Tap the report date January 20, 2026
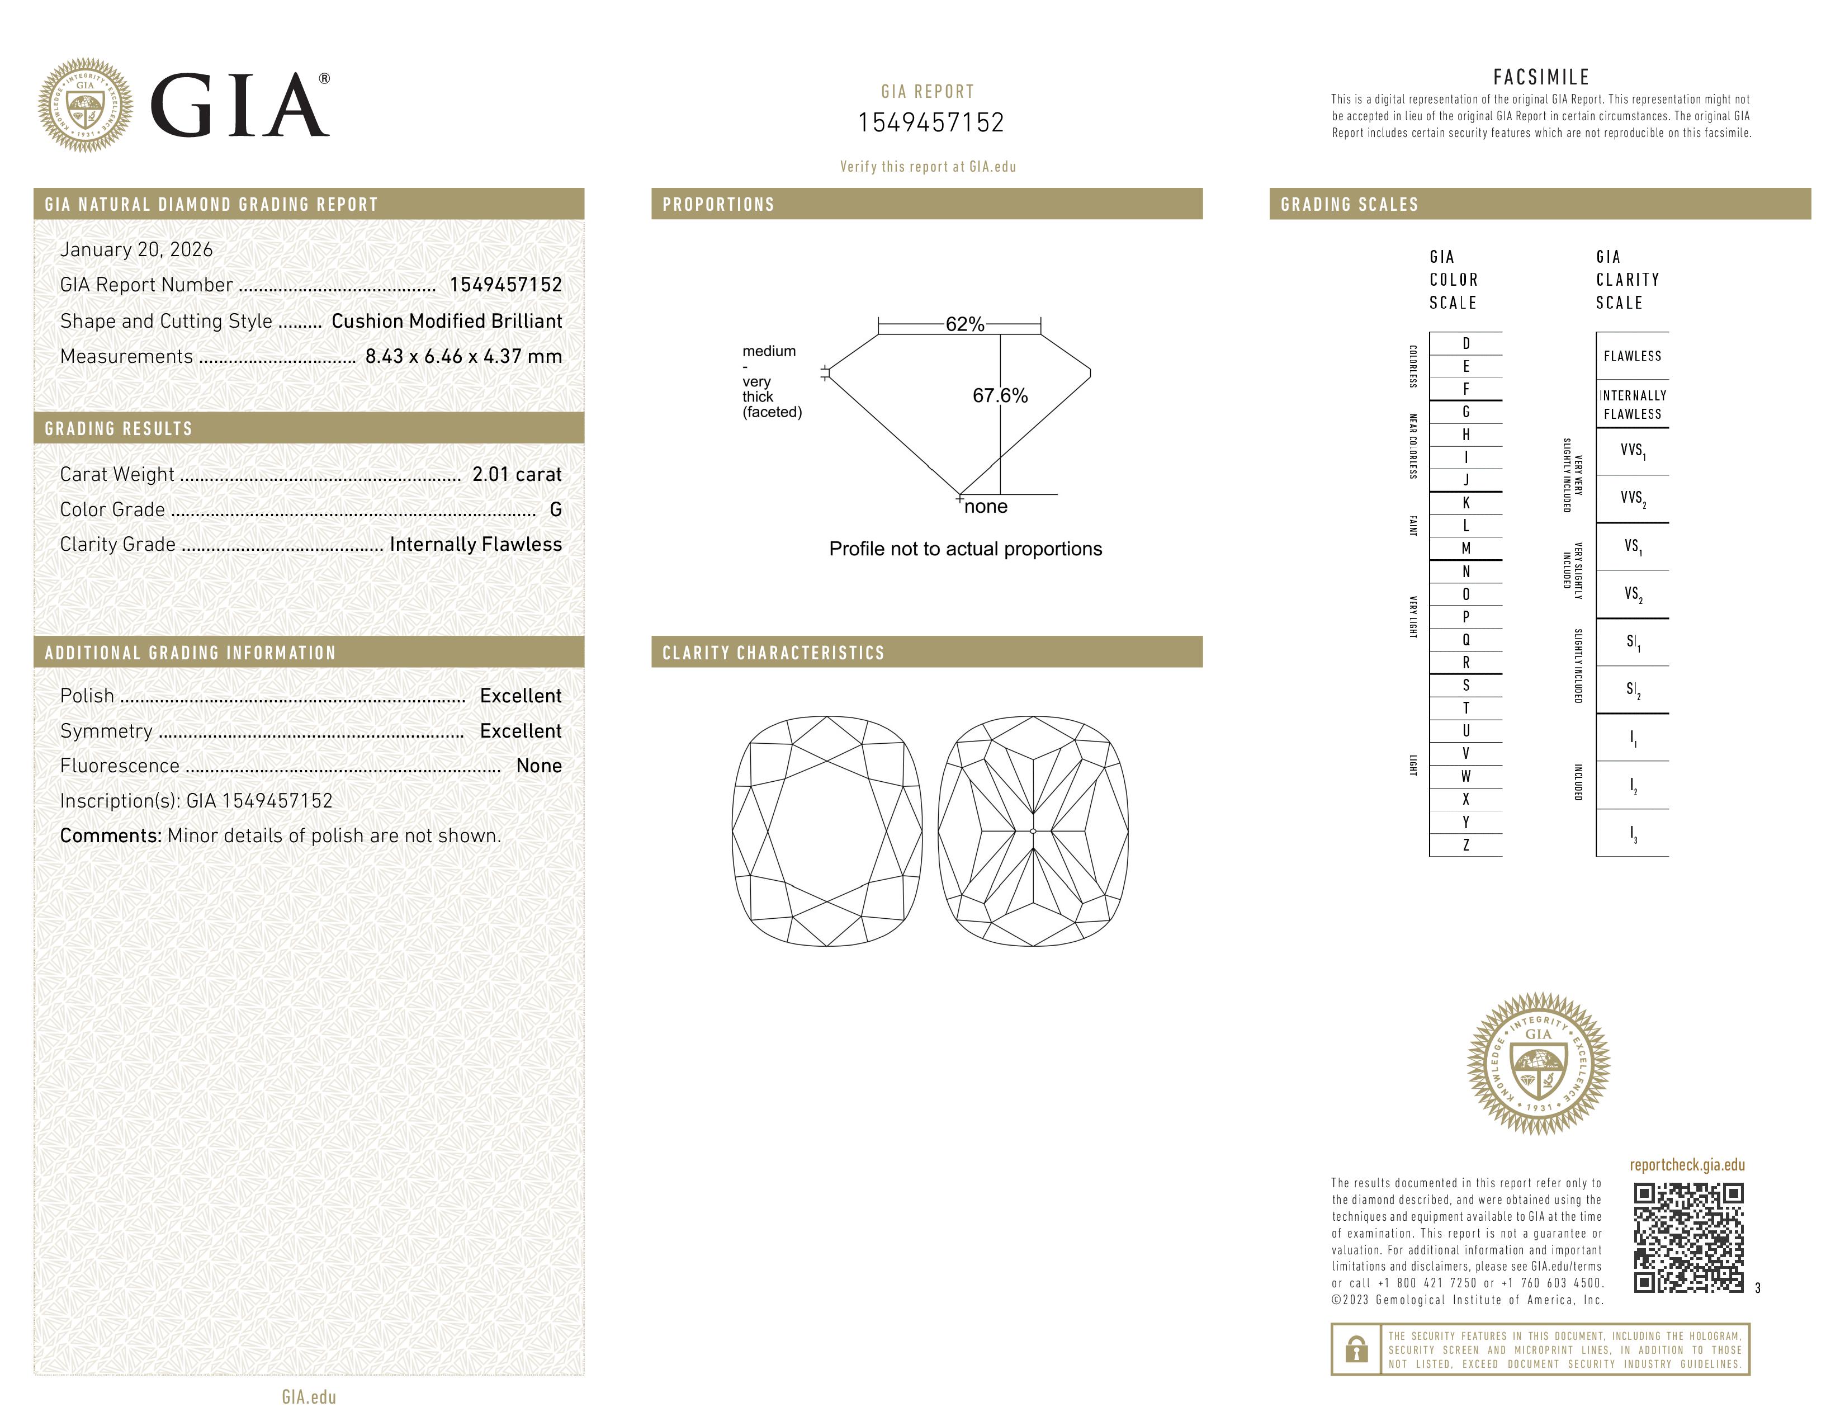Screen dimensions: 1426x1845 tap(136, 249)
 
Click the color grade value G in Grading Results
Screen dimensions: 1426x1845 tap(555, 509)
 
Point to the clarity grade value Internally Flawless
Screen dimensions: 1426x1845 tap(476, 544)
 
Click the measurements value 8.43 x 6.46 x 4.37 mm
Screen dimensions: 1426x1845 tap(463, 357)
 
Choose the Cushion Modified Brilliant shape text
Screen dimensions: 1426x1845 tap(446, 321)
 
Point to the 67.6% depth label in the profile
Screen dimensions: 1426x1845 tap(1000, 395)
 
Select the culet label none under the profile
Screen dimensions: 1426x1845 tap(985, 507)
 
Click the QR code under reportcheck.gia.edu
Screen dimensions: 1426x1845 tap(1688, 1238)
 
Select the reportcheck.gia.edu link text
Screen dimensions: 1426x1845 tap(1687, 1165)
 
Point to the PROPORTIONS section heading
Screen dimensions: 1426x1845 tap(718, 205)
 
